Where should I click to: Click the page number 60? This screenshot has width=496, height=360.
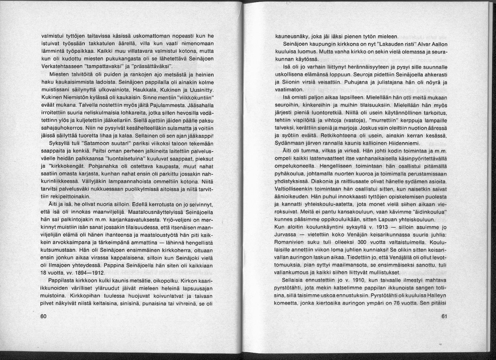(43, 316)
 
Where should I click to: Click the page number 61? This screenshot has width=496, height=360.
(444, 316)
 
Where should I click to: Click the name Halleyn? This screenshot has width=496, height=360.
(436, 296)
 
